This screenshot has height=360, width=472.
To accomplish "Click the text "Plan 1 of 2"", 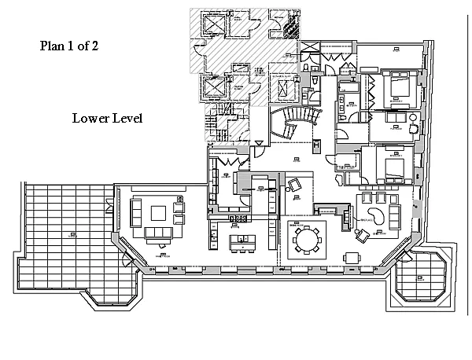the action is coord(68,46).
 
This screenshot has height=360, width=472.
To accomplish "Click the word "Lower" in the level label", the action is coord(88,119).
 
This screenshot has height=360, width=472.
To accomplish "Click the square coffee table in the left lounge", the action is coord(159,212).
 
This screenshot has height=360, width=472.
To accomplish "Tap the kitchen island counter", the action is coord(239,240).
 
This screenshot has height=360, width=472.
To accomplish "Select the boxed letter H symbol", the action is coord(315,145).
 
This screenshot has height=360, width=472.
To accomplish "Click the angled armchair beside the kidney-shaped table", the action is coord(362,234).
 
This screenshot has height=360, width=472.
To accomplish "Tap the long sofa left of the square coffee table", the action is coord(135,212).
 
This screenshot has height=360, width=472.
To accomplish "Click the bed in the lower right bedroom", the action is coord(391,166).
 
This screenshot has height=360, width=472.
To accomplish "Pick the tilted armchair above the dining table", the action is coord(294,186).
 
